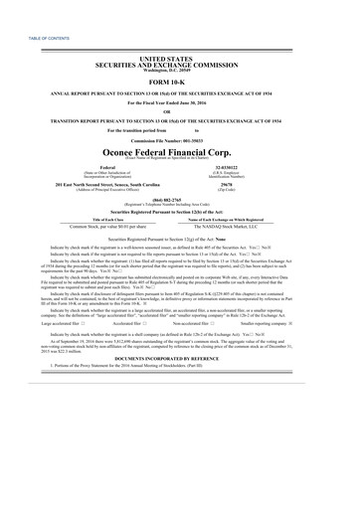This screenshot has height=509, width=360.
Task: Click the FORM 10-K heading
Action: (179, 81)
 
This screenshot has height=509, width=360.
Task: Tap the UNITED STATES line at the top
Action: (179, 60)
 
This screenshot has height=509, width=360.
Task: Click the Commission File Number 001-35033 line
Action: (179, 130)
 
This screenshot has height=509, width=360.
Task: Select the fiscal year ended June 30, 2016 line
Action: (179, 102)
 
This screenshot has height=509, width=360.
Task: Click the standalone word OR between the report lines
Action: (179, 110)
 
